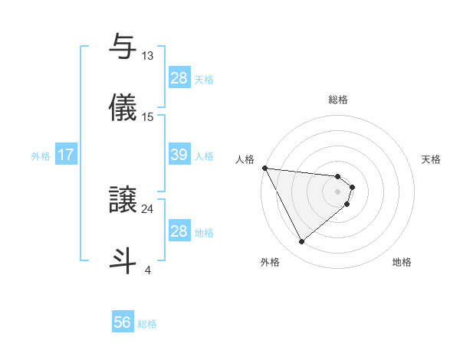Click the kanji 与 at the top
(x=123, y=46)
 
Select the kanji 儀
(x=123, y=106)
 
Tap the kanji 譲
(x=123, y=199)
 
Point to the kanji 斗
(x=123, y=260)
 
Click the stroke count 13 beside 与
(x=148, y=56)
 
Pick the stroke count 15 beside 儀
(x=148, y=116)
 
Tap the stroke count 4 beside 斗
(x=148, y=270)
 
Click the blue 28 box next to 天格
(x=179, y=78)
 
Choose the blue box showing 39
(x=179, y=155)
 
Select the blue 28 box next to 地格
(x=179, y=231)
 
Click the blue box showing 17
(x=66, y=155)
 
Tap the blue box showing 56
(x=123, y=322)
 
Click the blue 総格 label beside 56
(x=147, y=324)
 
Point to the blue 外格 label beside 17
(x=41, y=156)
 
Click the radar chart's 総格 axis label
(x=338, y=100)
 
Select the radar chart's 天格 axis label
(x=432, y=159)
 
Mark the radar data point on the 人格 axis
(x=264, y=168)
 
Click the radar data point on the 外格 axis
(x=301, y=242)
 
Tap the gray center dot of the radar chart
(x=338, y=191)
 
